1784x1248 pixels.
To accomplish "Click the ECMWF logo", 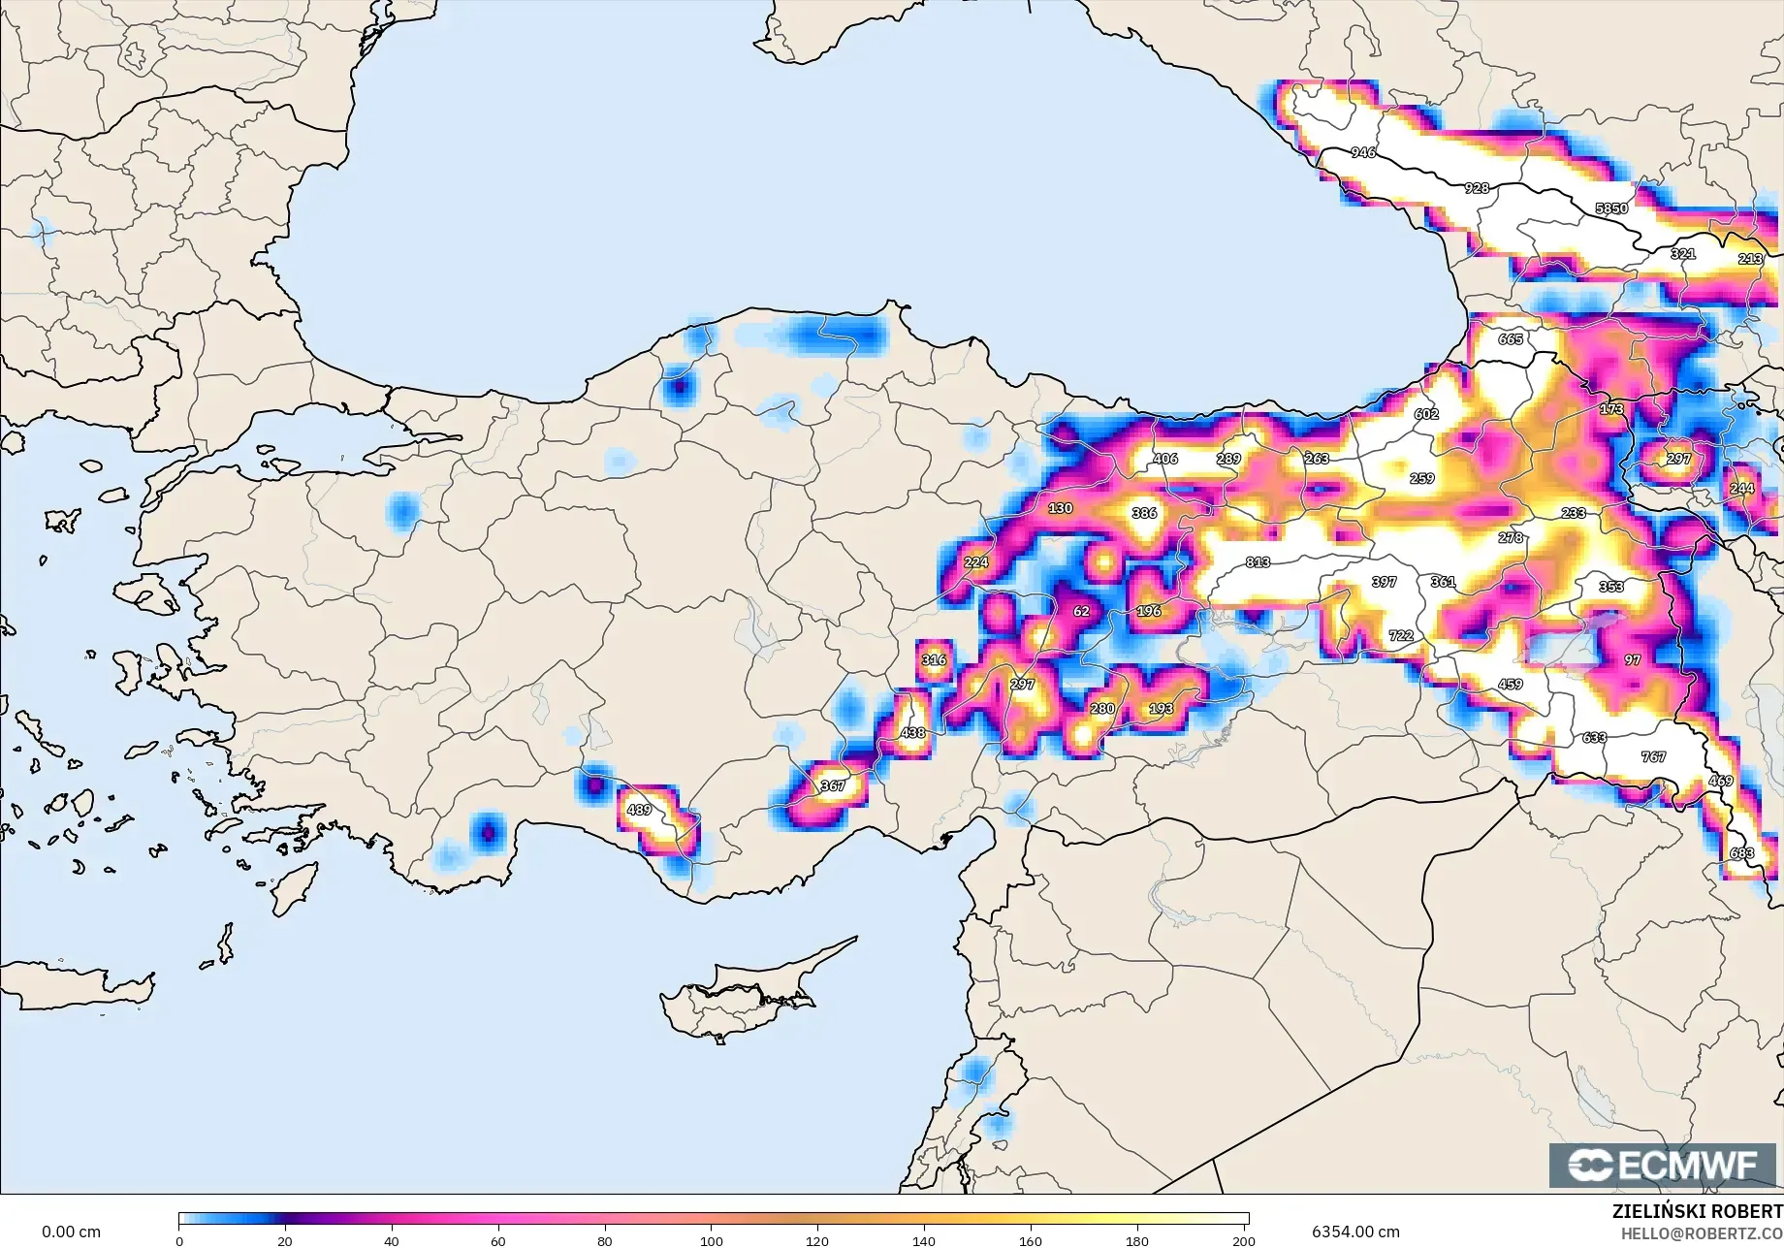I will coord(1664,1165).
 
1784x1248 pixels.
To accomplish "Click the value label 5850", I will coord(1611,208).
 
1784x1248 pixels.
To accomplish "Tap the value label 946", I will coord(1362,152).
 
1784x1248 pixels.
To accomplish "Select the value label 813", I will coord(1258,561).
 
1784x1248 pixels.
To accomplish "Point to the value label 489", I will coord(639,810).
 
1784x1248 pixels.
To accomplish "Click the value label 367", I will coord(832,785).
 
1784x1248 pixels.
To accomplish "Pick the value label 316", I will coord(933,659).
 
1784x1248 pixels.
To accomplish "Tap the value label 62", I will coord(1081,611).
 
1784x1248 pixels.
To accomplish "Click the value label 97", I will coord(1633,659).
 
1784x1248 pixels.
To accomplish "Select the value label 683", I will coord(1741,853).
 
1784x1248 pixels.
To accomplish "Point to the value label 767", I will coord(1653,756).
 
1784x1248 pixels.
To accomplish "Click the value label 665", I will coord(1511,338).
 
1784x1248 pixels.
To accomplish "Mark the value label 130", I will coord(1060,508).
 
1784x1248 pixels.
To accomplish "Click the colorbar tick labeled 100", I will coord(712,1240).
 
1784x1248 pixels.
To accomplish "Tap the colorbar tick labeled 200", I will coord(1243,1240).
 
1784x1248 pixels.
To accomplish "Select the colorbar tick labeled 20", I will coord(285,1240).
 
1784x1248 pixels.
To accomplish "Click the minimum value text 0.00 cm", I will coord(71,1232).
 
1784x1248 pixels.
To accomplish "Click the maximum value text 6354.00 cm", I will coord(1355,1232).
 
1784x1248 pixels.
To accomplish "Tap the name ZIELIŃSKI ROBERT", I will coord(1697,1211).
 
